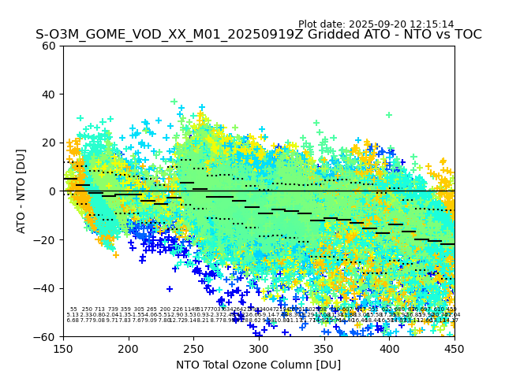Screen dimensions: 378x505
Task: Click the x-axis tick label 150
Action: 63,349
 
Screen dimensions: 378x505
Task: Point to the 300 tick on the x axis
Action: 259,349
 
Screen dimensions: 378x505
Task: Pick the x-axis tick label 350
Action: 324,349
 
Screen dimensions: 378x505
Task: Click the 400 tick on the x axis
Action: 389,349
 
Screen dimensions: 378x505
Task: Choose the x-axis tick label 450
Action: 454,349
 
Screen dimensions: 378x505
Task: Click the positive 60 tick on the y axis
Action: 49,46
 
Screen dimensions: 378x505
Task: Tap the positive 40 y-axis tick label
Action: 49,94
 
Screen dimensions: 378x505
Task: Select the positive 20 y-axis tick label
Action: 49,143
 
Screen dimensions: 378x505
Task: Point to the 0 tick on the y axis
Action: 52,191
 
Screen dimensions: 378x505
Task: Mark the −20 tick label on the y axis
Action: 46,239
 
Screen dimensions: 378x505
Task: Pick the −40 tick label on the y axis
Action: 46,288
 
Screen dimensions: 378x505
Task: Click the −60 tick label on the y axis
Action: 46,336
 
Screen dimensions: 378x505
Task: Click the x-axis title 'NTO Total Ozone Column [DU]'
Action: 259,365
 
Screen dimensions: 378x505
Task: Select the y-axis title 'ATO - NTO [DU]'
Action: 22,191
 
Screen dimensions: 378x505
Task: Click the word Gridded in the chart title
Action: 305,35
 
